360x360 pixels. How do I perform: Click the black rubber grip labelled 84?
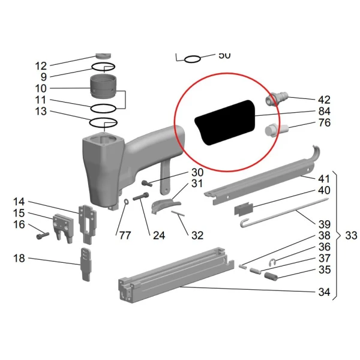tap(225, 123)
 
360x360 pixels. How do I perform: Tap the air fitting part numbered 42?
tap(277, 99)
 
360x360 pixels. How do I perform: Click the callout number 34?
tap(324, 292)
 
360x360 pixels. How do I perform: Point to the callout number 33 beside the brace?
tap(351, 236)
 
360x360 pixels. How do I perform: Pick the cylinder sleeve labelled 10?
tap(103, 86)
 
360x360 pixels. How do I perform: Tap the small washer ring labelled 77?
tap(126, 202)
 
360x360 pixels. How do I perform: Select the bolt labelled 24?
tap(140, 197)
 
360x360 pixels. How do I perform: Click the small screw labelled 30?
tap(147, 183)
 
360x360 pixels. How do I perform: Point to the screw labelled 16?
tap(43, 235)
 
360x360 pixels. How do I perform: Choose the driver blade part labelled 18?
tap(86, 264)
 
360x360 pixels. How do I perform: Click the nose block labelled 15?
tap(64, 228)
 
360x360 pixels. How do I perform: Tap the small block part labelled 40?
tap(244, 209)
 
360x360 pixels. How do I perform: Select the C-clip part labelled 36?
tap(272, 262)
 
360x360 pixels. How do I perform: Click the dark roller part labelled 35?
tap(271, 276)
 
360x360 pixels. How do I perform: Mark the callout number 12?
tap(41, 66)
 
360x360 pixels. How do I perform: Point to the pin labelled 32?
tap(178, 213)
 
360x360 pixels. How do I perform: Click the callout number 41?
tap(324, 179)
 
